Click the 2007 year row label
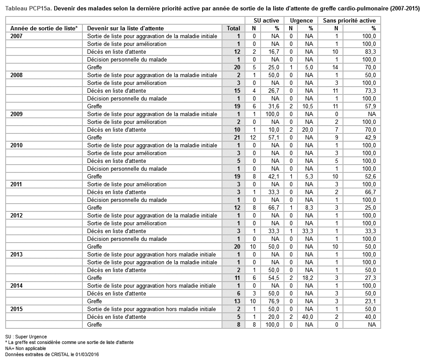[x=16, y=36]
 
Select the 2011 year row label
[x=16, y=185]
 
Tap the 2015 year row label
[x=16, y=309]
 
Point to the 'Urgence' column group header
[x=301, y=20]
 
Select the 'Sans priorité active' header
[x=349, y=20]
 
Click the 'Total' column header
[x=233, y=29]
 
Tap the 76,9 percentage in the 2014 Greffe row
[x=273, y=302]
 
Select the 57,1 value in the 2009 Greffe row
[x=273, y=138]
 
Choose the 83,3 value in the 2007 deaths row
[x=369, y=52]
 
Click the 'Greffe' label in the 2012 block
[x=95, y=247]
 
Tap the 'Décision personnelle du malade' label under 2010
[x=127, y=169]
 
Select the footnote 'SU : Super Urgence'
[x=26, y=337]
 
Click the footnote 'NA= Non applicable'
[x=26, y=348]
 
